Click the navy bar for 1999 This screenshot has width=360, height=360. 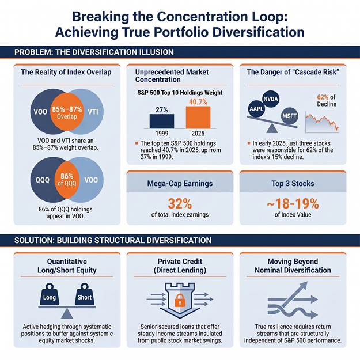click(x=162, y=121)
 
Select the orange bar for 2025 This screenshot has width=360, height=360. click(x=198, y=118)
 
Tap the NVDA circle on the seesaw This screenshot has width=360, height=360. click(x=271, y=99)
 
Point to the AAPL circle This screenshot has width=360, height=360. click(x=256, y=108)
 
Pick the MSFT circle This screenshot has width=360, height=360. click(x=290, y=116)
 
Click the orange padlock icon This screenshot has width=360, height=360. click(x=180, y=300)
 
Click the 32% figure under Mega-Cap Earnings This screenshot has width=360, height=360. click(x=180, y=204)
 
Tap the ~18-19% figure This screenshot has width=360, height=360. click(x=293, y=204)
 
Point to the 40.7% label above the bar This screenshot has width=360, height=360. click(x=198, y=102)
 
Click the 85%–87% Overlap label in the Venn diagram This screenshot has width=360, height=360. click(x=67, y=112)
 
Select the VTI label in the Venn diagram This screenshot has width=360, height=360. click(x=93, y=112)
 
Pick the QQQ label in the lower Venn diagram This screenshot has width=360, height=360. click(x=43, y=180)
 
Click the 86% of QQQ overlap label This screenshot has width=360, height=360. click(x=67, y=180)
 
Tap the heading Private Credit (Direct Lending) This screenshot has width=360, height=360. click(x=180, y=266)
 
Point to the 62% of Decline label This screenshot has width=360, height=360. click(x=327, y=101)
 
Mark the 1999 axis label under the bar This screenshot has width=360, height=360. click(x=162, y=134)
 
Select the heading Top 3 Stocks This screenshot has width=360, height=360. click(x=293, y=183)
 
